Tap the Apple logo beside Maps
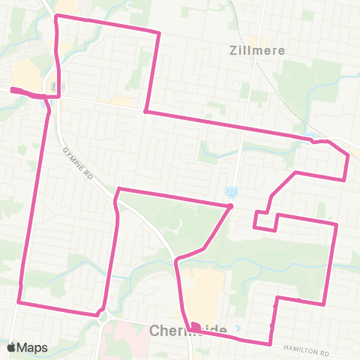[x=12, y=347]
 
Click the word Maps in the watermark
[x=33, y=347]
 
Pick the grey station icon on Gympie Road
[x=55, y=88]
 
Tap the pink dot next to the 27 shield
[x=231, y=205]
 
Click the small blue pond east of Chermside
[x=238, y=328]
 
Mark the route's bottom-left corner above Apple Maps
[x=19, y=302]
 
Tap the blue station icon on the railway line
[x=310, y=137]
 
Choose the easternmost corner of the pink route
[x=348, y=155]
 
